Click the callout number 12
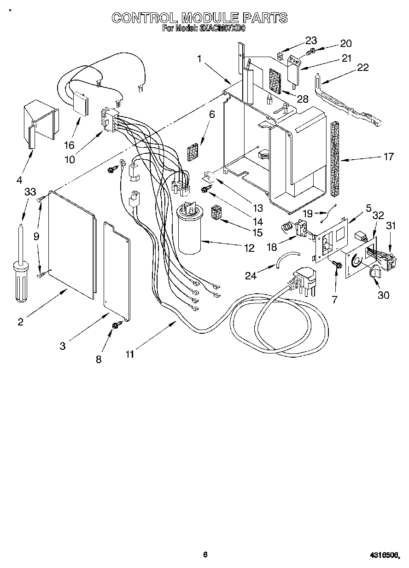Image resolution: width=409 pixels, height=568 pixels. tap(249, 248)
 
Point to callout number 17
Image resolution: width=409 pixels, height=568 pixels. tap(388, 156)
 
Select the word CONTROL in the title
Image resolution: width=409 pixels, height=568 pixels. tap(144, 18)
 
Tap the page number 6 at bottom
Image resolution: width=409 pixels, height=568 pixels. tap(205, 555)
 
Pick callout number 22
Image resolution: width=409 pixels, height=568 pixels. tap(363, 68)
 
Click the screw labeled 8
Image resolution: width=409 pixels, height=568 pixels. tap(115, 325)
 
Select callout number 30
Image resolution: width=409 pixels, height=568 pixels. tap(383, 295)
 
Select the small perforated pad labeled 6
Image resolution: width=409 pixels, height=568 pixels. tap(193, 151)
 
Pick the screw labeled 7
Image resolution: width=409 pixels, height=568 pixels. tap(337, 264)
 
